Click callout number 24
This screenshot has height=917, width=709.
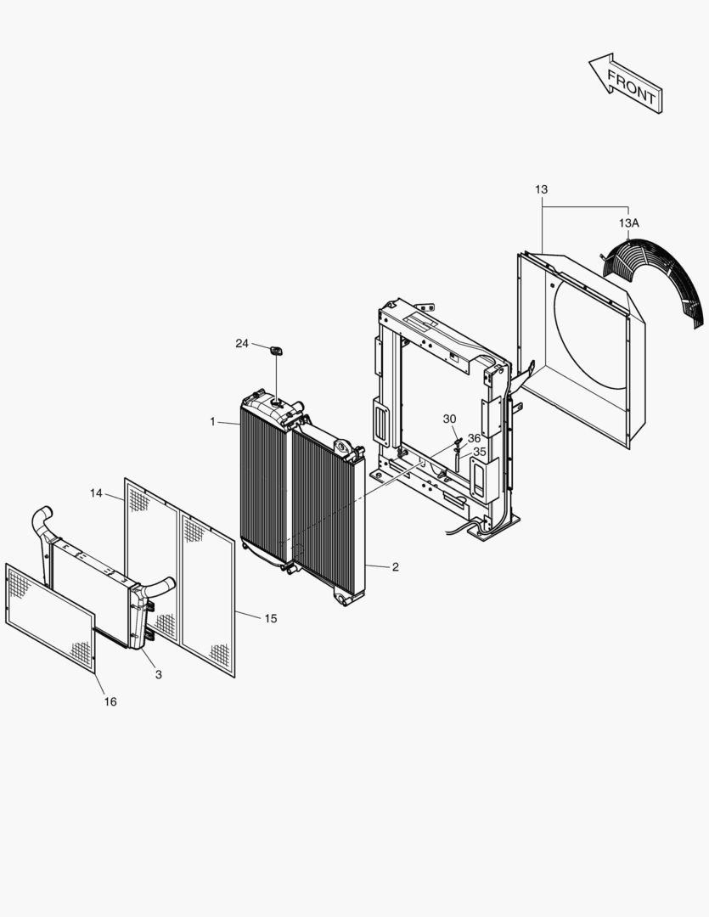242,343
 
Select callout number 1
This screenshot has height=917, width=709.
214,422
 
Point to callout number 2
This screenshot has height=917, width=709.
395,567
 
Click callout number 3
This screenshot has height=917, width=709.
158,674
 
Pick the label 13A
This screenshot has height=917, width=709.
628,222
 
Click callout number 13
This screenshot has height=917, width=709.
542,189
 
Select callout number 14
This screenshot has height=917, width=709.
96,492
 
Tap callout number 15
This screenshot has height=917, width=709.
270,618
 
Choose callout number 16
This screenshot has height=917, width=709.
110,701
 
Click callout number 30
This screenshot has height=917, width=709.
449,419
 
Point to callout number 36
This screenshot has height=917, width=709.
474,438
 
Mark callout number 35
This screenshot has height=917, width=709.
480,452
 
